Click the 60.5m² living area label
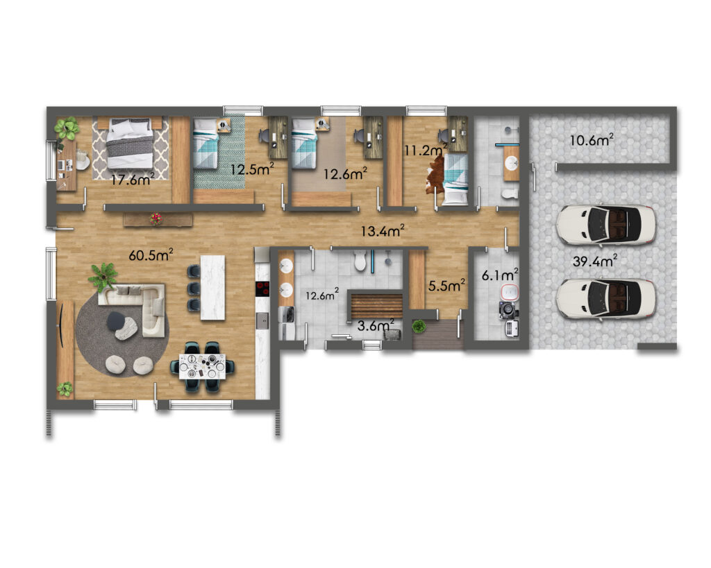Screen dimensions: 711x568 pyautogui.click(x=151, y=255)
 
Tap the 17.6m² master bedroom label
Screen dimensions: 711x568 pyautogui.click(x=133, y=180)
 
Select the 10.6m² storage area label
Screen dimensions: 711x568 pyautogui.click(x=592, y=140)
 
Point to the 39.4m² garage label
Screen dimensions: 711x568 pyautogui.click(x=594, y=261)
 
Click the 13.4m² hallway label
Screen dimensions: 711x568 pyautogui.click(x=383, y=231)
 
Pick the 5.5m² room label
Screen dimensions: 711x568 pyautogui.click(x=446, y=286)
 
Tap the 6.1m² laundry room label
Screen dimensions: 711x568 pyautogui.click(x=500, y=275)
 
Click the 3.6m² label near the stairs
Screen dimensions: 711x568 pyautogui.click(x=376, y=325)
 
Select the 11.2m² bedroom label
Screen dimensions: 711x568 pyautogui.click(x=426, y=150)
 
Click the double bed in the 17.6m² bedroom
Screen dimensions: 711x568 pyautogui.click(x=130, y=143)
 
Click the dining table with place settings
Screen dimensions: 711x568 pyautogui.click(x=202, y=366)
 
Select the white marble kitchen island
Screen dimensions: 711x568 pyautogui.click(x=212, y=288)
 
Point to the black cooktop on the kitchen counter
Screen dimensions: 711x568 pyautogui.click(x=262, y=289)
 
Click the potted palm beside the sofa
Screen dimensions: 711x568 pyautogui.click(x=104, y=276)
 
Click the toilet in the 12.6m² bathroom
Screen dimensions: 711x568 pyautogui.click(x=360, y=261)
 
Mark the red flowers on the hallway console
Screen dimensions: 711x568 pyautogui.click(x=156, y=218)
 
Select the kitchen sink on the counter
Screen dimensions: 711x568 pyautogui.click(x=262, y=320)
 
